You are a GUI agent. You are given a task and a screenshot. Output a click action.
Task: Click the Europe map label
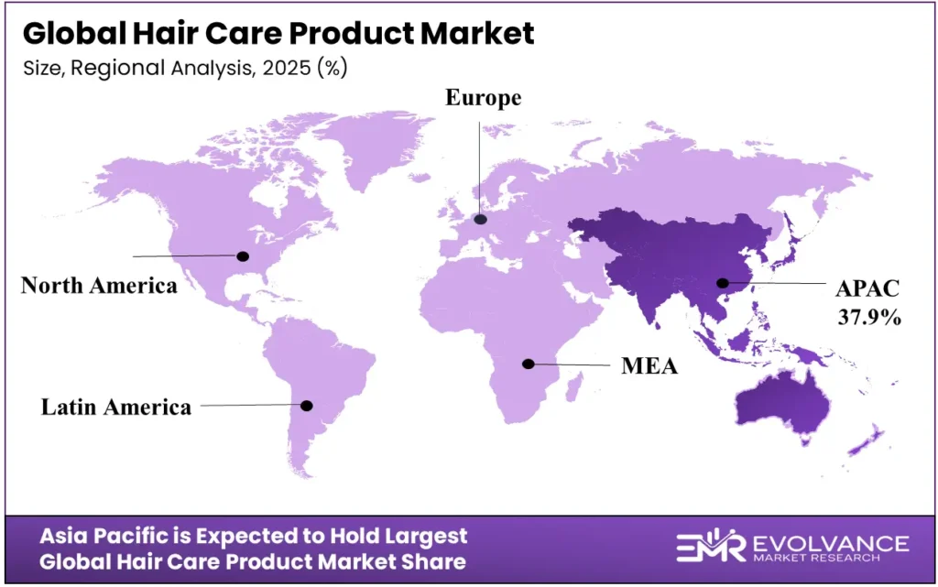pos(483,99)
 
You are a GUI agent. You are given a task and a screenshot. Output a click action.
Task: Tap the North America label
pos(99,286)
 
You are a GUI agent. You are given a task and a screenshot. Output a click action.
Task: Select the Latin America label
pos(116,407)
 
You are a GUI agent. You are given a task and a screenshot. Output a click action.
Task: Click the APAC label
pos(867,289)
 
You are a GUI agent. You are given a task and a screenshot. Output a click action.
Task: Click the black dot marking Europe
pos(481,219)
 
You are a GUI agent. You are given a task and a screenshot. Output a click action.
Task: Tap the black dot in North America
pos(244,256)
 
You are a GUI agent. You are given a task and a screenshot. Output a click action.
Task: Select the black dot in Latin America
pos(307,405)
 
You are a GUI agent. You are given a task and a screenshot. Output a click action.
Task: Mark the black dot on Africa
pos(528,364)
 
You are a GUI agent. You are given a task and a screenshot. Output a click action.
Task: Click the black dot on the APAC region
pos(723,284)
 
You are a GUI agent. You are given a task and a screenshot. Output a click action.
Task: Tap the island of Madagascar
pos(574,392)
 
